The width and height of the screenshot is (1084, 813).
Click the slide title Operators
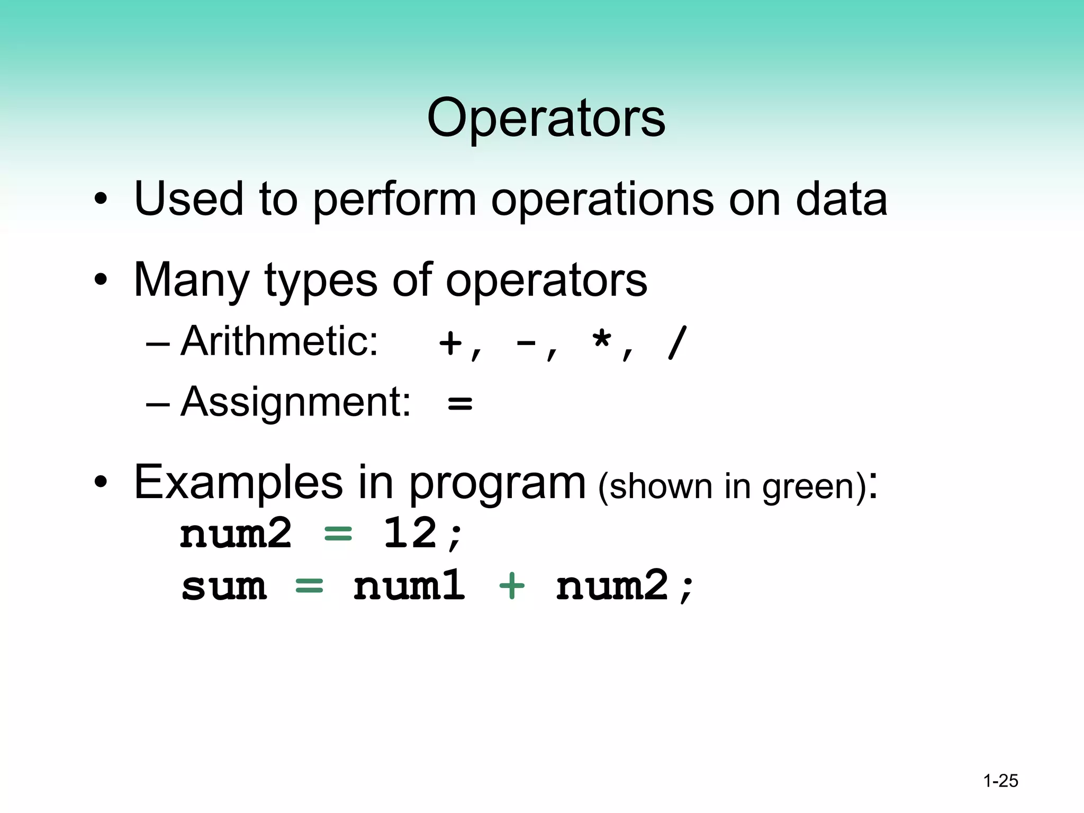click(x=546, y=119)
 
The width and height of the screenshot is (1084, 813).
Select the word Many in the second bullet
click(x=191, y=280)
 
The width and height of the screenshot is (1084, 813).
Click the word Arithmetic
click(x=279, y=341)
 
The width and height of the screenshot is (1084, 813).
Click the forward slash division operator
click(x=677, y=343)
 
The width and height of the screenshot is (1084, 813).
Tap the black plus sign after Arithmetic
click(x=450, y=344)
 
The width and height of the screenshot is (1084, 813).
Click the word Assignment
click(x=295, y=402)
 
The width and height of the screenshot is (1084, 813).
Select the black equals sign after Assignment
click(x=459, y=403)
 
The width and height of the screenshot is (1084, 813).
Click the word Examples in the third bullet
click(x=238, y=482)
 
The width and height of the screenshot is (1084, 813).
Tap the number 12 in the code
click(x=410, y=533)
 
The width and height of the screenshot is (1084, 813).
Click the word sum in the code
click(x=223, y=586)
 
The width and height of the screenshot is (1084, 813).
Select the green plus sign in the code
click(x=511, y=586)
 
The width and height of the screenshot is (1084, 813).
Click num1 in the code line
click(x=409, y=586)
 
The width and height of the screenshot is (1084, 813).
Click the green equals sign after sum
click(x=309, y=586)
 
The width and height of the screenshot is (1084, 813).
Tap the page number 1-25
click(x=1000, y=781)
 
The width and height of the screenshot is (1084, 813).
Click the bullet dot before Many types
click(x=101, y=281)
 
